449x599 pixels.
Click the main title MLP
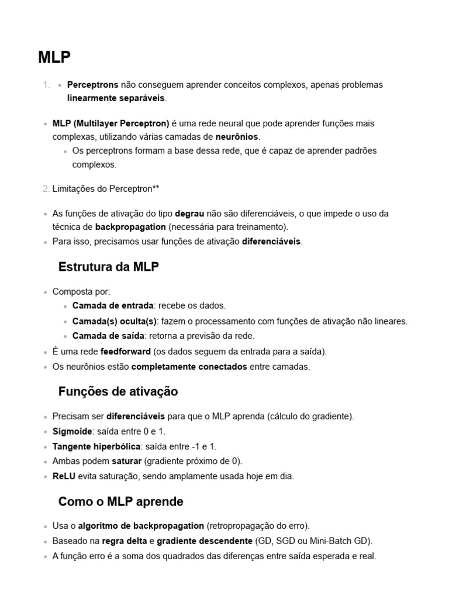pos(54,57)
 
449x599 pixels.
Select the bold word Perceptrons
pos(93,85)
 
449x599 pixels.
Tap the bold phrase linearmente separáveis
pos(116,98)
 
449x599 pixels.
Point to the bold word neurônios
pos(237,137)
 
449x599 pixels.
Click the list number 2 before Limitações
pos(46,189)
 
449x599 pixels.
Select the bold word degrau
pos(189,214)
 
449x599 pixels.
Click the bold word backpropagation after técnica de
pos(130,227)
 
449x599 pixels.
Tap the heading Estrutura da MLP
pos(109,267)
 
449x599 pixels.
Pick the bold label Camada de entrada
pos(113,305)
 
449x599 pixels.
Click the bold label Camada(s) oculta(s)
pos(115,321)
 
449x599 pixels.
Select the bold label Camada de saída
pos(108,336)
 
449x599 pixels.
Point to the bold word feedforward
pos(126,352)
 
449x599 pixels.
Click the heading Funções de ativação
pos(118,391)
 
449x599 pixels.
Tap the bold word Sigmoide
pos(72,432)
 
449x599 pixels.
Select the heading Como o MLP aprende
pos(121,502)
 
